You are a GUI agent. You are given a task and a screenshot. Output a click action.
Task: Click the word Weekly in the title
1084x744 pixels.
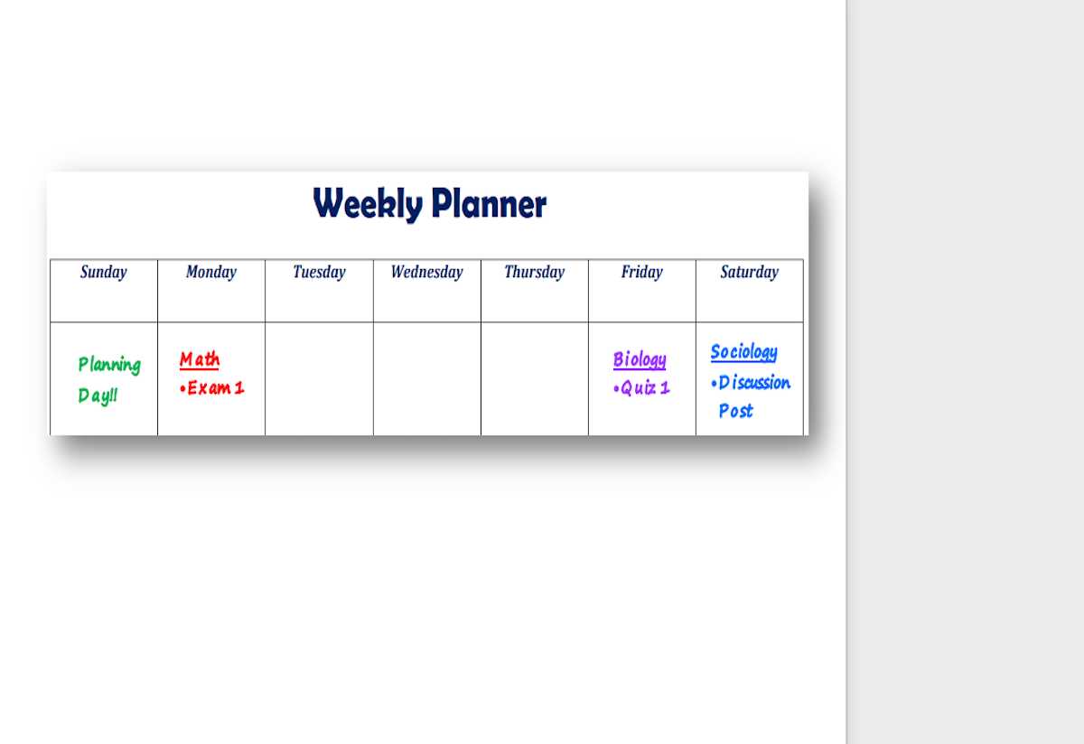[368, 204]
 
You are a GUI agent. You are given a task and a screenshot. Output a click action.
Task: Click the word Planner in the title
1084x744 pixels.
[489, 204]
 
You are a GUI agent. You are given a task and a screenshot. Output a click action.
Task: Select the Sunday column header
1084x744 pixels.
[104, 273]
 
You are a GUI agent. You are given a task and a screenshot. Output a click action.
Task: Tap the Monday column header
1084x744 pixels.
[211, 273]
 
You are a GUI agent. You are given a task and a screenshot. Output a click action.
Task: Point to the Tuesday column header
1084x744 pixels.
[320, 273]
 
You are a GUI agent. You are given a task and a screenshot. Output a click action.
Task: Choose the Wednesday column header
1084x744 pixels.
[426, 272]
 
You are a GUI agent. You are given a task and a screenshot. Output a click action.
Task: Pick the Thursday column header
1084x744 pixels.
[535, 273]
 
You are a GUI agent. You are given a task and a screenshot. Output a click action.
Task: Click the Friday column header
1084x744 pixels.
[642, 273]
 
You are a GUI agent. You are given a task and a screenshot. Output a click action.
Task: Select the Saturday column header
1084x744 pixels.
[750, 273]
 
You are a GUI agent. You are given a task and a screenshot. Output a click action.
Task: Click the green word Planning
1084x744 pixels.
[110, 365]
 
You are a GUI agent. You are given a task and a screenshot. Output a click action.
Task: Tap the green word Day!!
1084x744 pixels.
[98, 396]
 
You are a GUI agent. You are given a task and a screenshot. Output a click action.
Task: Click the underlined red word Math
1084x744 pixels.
[200, 360]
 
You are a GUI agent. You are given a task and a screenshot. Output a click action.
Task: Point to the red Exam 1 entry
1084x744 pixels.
[212, 388]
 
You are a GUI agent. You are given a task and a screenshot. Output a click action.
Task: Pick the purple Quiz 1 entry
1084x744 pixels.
[641, 388]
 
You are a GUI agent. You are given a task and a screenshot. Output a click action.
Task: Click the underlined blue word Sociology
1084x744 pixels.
[744, 353]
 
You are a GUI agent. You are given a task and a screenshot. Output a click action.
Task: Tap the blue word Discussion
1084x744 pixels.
[754, 383]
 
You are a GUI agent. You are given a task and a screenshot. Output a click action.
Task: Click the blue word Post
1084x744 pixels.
[736, 411]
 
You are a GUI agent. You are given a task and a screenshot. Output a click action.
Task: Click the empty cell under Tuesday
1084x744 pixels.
[320, 379]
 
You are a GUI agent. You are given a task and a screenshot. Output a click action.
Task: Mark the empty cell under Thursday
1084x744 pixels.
[535, 379]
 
